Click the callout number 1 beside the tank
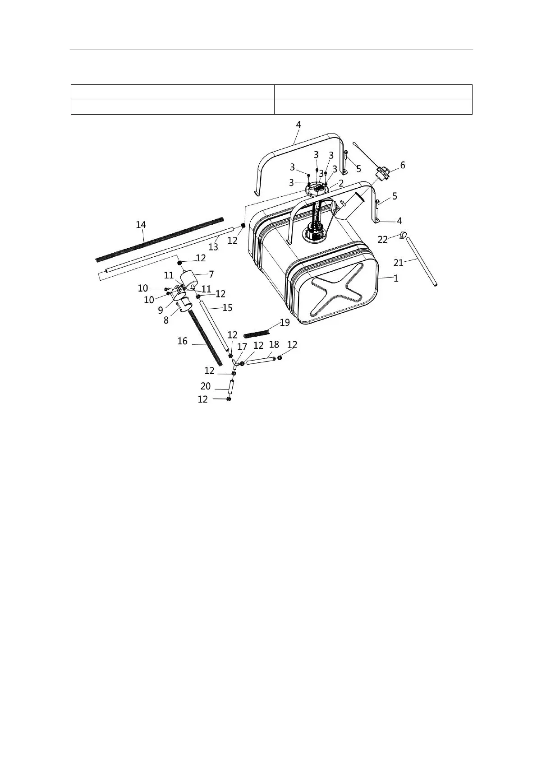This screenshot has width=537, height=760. click(396, 278)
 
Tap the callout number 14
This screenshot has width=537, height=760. click(141, 225)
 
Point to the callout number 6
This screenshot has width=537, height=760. click(402, 166)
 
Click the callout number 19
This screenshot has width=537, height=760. click(285, 323)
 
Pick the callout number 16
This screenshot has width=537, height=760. click(182, 342)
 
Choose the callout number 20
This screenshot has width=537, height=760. click(206, 386)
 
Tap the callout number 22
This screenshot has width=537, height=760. click(382, 240)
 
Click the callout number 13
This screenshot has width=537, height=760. click(213, 247)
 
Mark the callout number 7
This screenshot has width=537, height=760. click(211, 274)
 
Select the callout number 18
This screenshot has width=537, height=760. click(274, 345)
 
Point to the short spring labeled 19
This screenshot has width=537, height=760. click(256, 334)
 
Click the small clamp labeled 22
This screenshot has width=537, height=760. click(403, 235)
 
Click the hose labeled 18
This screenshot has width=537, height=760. click(261, 361)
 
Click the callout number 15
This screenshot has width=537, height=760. click(227, 308)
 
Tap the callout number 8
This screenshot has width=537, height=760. click(166, 320)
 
